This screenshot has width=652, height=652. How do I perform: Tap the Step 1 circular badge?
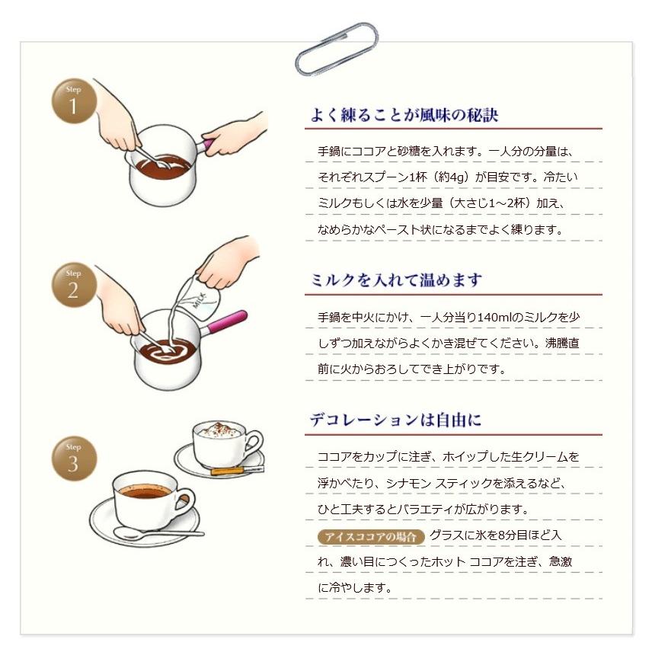coord(74,101)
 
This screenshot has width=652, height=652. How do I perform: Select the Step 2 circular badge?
coord(74,285)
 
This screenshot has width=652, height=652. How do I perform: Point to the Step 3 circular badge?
coord(74,459)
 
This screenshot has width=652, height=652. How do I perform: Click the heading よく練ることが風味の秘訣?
coord(404,115)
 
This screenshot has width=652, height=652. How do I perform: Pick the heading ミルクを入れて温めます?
coord(396,280)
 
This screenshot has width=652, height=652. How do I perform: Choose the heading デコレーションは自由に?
coord(395,420)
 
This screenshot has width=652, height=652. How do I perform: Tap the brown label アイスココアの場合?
coord(370,536)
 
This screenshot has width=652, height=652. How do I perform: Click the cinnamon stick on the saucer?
coord(237,471)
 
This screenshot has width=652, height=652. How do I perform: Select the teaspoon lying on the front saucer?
coord(158,533)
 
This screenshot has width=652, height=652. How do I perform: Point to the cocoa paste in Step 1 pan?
coord(163,167)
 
